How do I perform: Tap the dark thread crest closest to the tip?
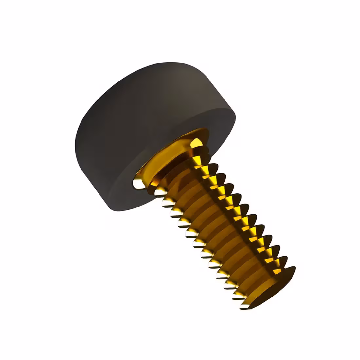(x=290, y=272)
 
